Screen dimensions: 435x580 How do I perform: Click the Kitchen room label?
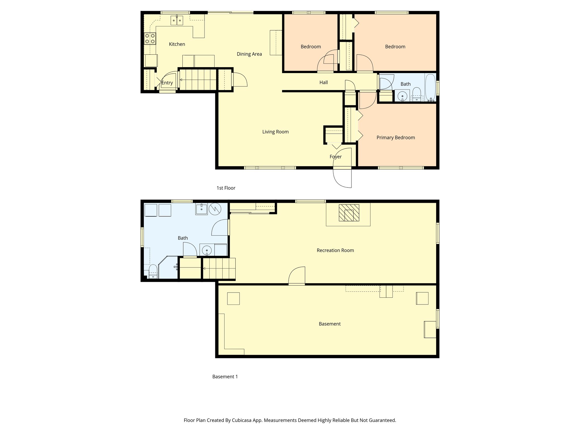[x=177, y=44]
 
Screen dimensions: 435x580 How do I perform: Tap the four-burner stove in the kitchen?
[x=150, y=39]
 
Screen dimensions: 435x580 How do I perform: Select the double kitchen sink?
[x=177, y=20]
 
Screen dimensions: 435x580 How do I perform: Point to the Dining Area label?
[x=249, y=54]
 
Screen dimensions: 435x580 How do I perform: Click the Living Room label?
[x=275, y=132]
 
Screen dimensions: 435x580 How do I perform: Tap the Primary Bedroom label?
[x=396, y=138]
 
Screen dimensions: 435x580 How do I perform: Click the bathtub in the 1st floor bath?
[x=430, y=87]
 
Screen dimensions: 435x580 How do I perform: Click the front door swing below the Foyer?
[x=342, y=177]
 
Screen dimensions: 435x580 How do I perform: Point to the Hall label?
[x=323, y=82]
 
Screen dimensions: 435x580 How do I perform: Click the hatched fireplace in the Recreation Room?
[x=349, y=213]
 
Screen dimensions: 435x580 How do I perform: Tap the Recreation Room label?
[x=335, y=250]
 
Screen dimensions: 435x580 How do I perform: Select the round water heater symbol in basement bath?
[x=215, y=209]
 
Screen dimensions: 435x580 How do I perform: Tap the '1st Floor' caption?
[x=226, y=188]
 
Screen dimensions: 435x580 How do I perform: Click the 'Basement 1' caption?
[x=225, y=377]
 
